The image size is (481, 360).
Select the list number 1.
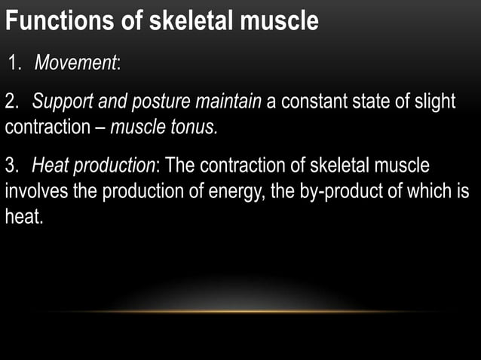[15, 63]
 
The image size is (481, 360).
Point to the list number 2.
[11, 102]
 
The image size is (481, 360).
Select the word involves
[36, 191]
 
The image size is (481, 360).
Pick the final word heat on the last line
[23, 217]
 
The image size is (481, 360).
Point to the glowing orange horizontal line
[240, 311]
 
